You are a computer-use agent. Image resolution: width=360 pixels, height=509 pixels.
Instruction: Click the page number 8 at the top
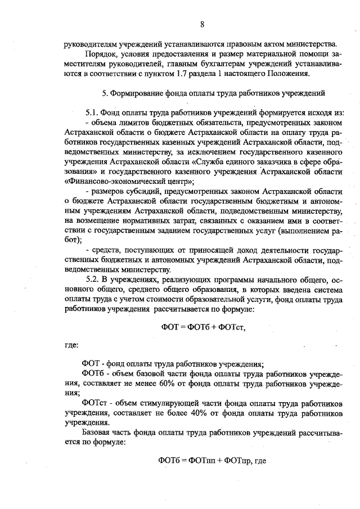[202, 24]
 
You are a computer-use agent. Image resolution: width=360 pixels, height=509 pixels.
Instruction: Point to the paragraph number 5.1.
[91, 112]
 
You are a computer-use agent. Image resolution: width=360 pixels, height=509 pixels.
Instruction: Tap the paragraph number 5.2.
[91, 280]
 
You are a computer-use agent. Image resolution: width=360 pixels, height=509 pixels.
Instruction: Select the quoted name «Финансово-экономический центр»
[129, 182]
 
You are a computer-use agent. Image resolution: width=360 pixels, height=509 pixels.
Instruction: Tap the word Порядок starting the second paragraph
[98, 53]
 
